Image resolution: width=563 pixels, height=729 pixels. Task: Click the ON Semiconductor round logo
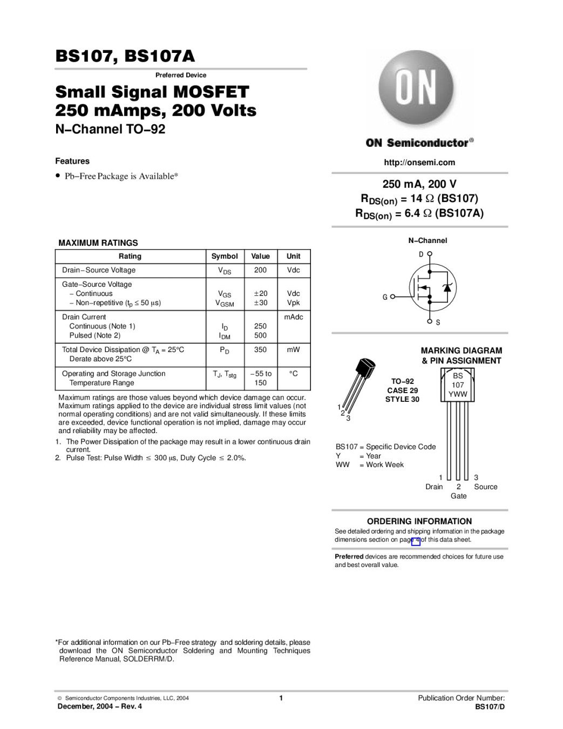[x=416, y=89]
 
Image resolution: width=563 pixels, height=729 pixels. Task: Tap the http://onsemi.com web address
[x=419, y=163]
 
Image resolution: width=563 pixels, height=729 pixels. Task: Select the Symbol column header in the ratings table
[x=225, y=256]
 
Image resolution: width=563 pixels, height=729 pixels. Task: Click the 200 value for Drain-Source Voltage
[x=260, y=270]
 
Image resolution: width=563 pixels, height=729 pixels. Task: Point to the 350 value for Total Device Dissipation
[x=260, y=350]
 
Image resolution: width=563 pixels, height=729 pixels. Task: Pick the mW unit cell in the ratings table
[x=293, y=350]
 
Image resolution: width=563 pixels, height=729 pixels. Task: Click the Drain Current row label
[x=84, y=317]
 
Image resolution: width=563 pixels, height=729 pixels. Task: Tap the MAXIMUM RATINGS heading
[x=98, y=243]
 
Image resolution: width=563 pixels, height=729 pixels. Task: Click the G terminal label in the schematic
[x=385, y=297]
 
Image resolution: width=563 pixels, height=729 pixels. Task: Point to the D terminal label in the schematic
[x=421, y=254]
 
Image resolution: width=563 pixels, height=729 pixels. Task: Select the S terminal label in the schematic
[x=438, y=323]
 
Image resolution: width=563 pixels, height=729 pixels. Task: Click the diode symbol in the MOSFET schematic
[x=446, y=287]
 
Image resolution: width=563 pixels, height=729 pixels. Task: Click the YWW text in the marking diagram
[x=458, y=395]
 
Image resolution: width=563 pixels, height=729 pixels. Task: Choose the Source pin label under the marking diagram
[x=485, y=487]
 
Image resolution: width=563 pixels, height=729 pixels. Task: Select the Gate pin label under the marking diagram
[x=458, y=496]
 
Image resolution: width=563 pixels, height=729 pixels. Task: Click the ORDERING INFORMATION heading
[x=419, y=522]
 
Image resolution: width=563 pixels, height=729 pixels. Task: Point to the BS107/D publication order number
[x=490, y=707]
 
